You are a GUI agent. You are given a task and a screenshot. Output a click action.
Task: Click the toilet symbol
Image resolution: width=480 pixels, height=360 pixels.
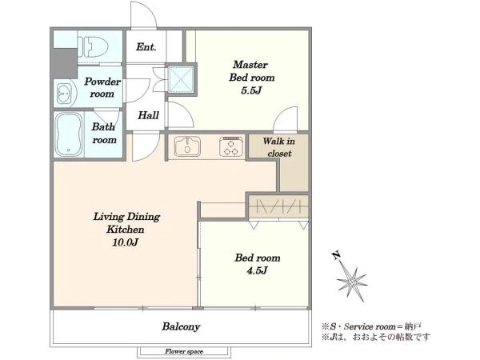[93, 47]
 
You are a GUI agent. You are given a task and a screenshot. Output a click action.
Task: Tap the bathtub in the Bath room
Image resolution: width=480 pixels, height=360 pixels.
[69, 134]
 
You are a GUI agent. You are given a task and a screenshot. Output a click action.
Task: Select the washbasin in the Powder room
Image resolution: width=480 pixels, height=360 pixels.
[65, 93]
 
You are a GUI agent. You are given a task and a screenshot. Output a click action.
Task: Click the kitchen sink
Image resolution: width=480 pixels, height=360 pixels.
[187, 146]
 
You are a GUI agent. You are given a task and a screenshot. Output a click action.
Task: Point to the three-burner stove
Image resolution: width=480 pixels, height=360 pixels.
[232, 146]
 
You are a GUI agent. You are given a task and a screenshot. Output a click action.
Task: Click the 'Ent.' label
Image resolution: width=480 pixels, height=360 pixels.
[146, 47]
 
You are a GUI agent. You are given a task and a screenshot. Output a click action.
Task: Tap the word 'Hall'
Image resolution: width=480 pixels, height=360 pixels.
[148, 115]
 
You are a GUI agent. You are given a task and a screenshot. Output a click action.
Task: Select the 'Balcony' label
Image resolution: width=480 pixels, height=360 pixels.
[181, 326]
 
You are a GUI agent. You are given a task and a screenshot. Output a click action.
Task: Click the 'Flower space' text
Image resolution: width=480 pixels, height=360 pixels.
[184, 351]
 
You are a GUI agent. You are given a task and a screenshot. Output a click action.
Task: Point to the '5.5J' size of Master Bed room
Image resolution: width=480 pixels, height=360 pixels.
[251, 90]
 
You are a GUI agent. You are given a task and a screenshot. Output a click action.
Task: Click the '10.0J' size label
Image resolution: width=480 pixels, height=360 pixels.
[126, 242]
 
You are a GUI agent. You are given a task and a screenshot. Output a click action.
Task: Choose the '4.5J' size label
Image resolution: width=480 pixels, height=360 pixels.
[258, 270]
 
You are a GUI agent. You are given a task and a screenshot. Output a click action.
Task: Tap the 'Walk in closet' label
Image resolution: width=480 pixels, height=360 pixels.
[279, 147]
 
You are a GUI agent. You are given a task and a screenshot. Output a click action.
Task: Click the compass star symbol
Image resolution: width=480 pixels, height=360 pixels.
[352, 282]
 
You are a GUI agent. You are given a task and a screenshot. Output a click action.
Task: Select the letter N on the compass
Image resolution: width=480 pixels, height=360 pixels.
[336, 255]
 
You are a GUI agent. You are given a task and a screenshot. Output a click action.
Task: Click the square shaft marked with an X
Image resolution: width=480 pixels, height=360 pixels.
[181, 79]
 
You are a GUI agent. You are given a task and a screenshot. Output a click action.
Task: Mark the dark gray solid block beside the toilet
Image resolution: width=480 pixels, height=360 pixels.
[65, 63]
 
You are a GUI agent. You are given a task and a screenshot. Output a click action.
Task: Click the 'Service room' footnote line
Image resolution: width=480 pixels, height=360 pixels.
[372, 326]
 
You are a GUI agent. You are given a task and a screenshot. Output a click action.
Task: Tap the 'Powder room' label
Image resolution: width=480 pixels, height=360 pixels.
[102, 87]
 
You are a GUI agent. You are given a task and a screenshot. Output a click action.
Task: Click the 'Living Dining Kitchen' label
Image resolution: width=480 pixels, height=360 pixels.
[126, 223]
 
